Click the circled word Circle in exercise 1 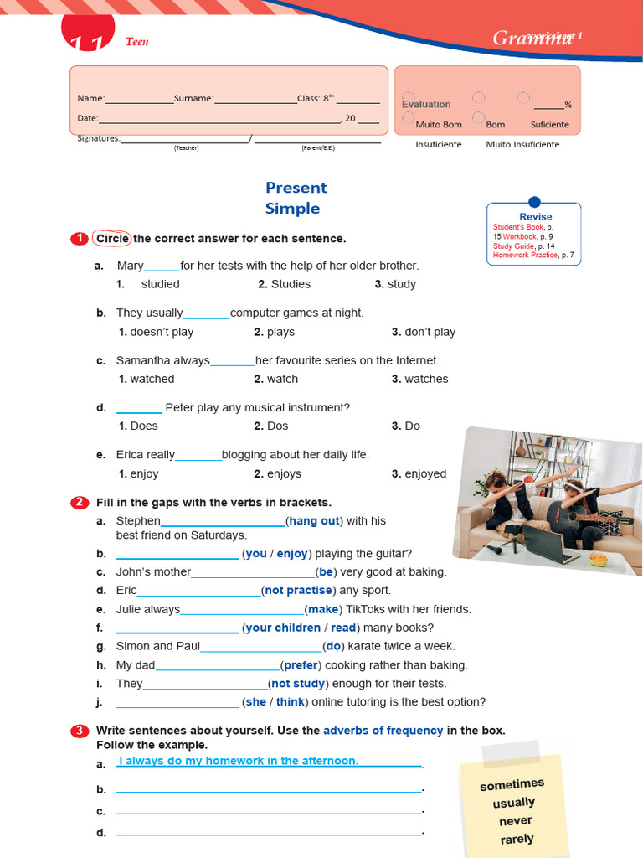tap(112, 239)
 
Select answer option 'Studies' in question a tap(291, 284)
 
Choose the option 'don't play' tap(430, 332)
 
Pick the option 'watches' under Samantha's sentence tap(426, 379)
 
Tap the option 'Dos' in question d tap(277, 426)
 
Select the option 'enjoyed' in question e tap(425, 473)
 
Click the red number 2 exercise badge tap(80, 503)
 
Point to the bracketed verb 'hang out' tap(314, 521)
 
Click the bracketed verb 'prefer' tap(301, 665)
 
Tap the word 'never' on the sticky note tap(515, 821)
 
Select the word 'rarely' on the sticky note tap(517, 839)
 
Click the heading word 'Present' tap(296, 188)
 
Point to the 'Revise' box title tap(535, 216)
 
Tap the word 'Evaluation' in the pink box tap(426, 105)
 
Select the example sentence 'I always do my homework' tap(239, 761)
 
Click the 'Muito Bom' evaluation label tap(439, 125)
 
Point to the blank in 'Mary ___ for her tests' tap(162, 267)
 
